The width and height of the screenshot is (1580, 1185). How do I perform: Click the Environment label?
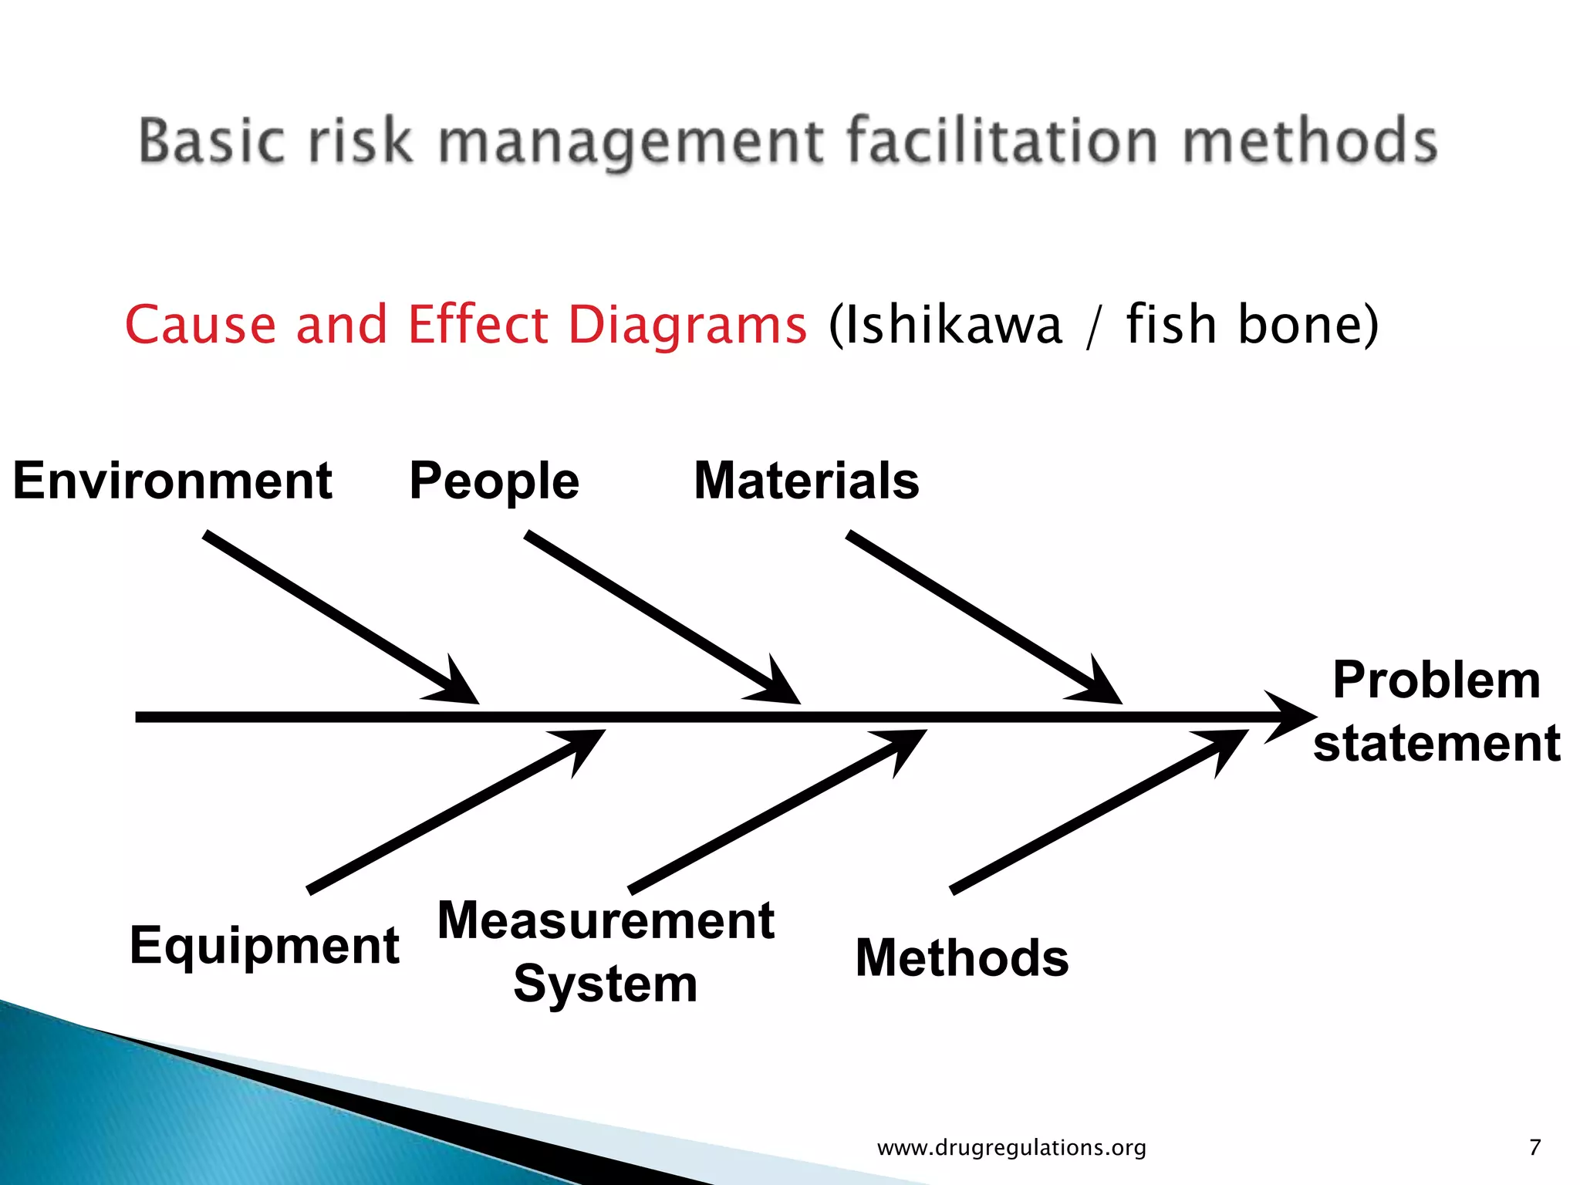coord(172,481)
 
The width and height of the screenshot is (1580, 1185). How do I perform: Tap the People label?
coord(494,481)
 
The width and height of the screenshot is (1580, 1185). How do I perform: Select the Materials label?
coord(806,481)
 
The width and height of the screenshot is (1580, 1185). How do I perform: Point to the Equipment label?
coord(264,946)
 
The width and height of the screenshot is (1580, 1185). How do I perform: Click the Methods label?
coord(962,958)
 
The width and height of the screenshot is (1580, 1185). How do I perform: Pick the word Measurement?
coord(606,920)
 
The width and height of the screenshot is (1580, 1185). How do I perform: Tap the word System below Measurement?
coord(606,984)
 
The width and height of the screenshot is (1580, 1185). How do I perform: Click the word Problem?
coord(1437,680)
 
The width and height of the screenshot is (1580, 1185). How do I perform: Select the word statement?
coord(1437,744)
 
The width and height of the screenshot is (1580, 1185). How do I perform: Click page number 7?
coord(1534,1147)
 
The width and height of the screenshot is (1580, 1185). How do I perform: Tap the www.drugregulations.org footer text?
coord(1011,1147)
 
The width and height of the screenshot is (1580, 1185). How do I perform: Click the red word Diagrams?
coord(687,324)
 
